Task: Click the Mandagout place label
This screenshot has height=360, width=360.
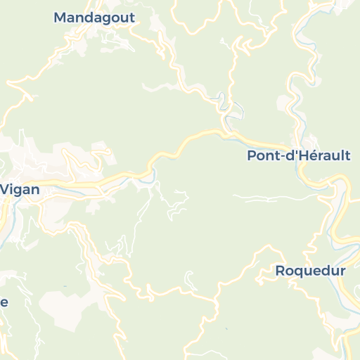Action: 94,18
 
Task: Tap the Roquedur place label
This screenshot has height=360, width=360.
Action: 310,271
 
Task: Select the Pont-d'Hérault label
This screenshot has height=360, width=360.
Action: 298,156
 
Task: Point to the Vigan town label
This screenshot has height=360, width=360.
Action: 20,189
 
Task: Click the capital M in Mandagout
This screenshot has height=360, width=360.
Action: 60,18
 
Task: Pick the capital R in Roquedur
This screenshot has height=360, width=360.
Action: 280,271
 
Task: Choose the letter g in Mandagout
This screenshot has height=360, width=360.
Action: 103,20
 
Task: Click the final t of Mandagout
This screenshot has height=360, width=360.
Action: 131,18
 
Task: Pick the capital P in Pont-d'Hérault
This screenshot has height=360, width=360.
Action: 252,156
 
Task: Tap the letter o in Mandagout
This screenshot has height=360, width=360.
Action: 112,18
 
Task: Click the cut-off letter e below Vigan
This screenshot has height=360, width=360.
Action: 4,302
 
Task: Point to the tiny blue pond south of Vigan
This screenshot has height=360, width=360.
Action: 65,286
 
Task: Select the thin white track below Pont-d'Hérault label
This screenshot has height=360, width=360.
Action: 274,196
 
